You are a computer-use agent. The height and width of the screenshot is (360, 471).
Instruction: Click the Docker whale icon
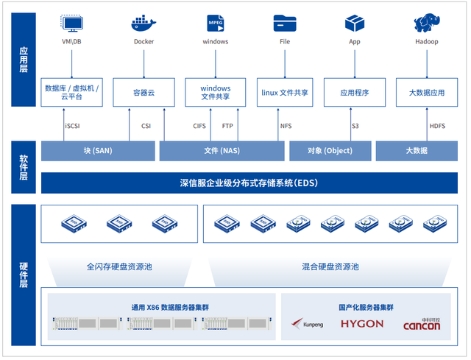[144, 23]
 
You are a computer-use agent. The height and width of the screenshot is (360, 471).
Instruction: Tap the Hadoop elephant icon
[427, 23]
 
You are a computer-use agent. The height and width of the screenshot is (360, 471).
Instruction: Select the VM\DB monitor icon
[72, 23]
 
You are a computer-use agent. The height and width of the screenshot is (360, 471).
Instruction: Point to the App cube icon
[355, 23]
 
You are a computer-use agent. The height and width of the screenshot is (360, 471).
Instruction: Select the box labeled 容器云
[144, 93]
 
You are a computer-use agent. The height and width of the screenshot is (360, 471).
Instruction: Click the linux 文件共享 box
[285, 93]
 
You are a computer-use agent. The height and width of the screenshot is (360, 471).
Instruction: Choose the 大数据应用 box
[427, 93]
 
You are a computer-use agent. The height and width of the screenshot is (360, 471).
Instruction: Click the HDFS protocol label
[437, 126]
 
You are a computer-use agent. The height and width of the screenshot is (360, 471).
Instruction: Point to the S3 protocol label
[355, 126]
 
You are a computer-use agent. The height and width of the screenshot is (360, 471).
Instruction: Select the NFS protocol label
[286, 126]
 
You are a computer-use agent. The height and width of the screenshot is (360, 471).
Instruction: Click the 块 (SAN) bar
[98, 151]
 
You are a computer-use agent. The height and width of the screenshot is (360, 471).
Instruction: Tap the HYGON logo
[361, 324]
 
